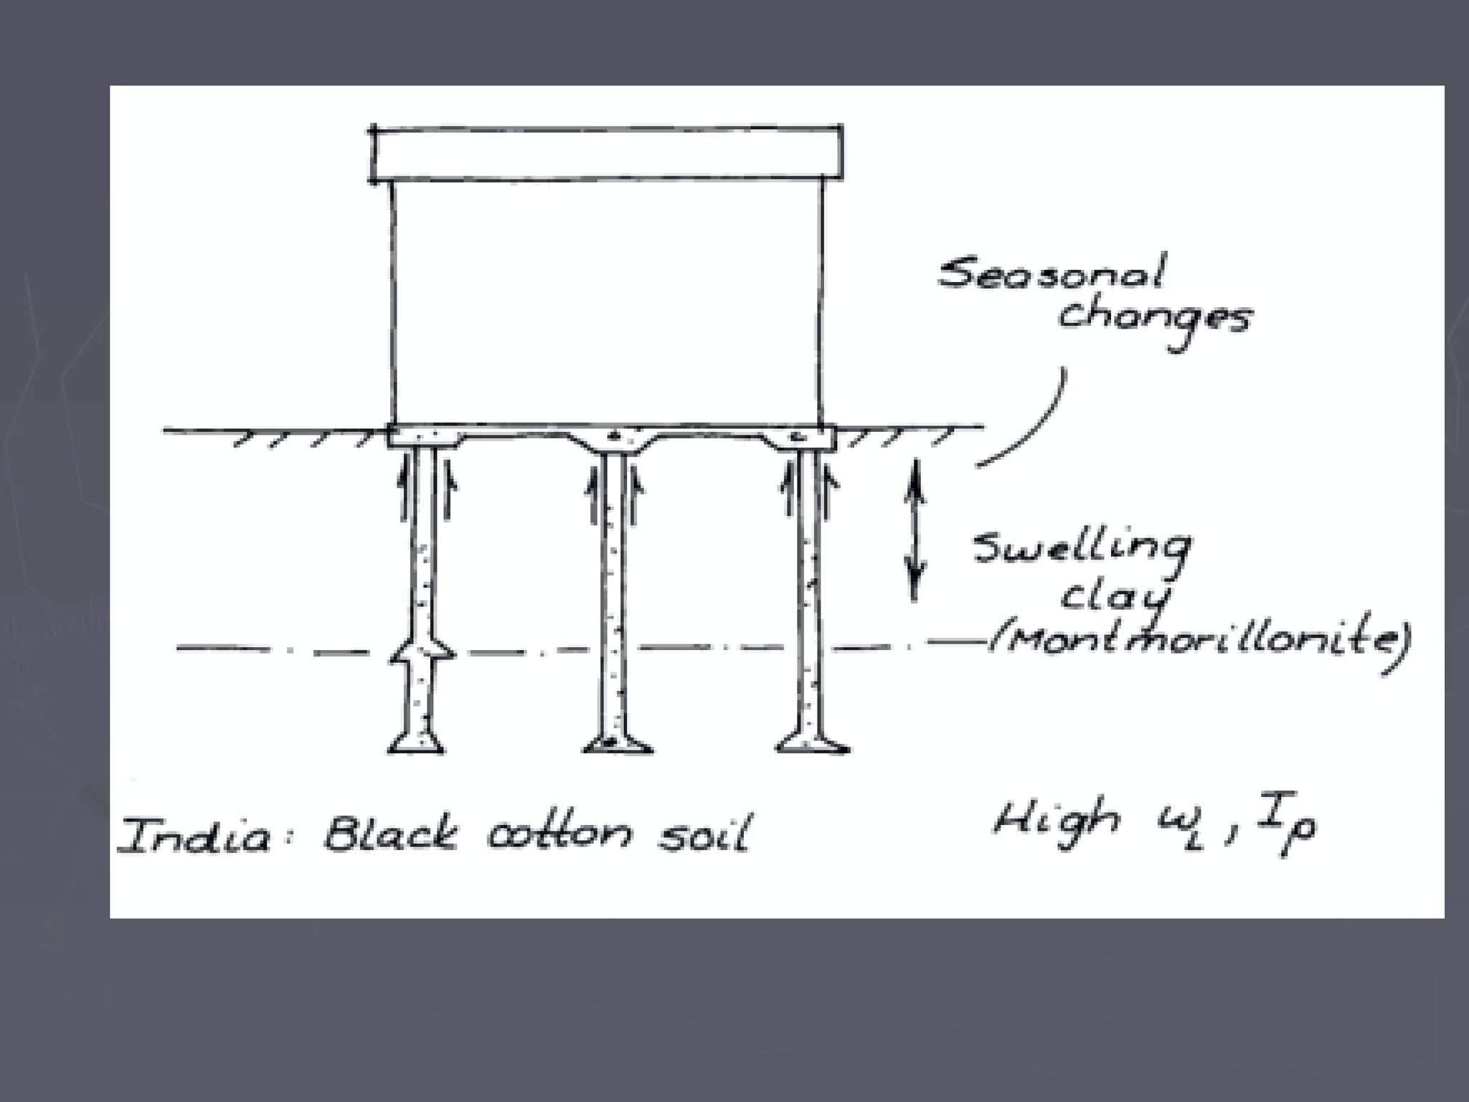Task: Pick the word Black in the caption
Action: click(390, 834)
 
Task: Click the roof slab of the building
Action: click(607, 152)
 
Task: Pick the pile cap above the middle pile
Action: click(614, 440)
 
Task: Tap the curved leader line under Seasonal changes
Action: click(1033, 423)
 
